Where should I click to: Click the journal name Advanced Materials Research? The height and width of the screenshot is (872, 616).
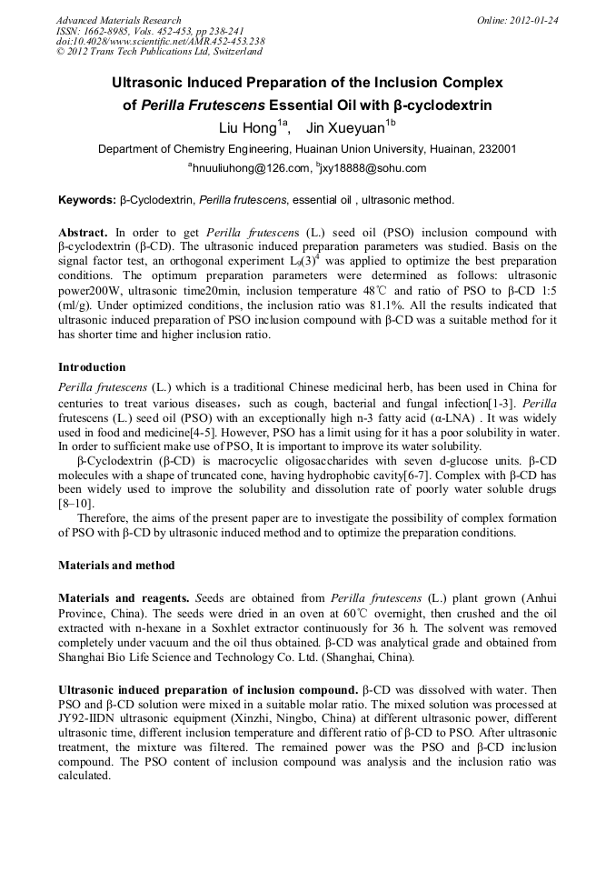pyautogui.click(x=118, y=20)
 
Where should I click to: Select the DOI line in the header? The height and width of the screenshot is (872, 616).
pyautogui.click(x=160, y=42)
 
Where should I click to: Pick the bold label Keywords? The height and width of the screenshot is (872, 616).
pyautogui.click(x=87, y=199)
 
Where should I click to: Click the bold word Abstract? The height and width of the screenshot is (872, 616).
pyautogui.click(x=84, y=233)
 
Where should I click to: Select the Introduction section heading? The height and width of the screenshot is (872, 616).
pyautogui.click(x=92, y=367)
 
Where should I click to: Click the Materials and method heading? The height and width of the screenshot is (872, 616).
pyautogui.click(x=116, y=565)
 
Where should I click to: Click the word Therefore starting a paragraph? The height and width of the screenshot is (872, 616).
pyautogui.click(x=106, y=517)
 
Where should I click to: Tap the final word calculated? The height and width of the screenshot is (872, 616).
pyautogui.click(x=84, y=777)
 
